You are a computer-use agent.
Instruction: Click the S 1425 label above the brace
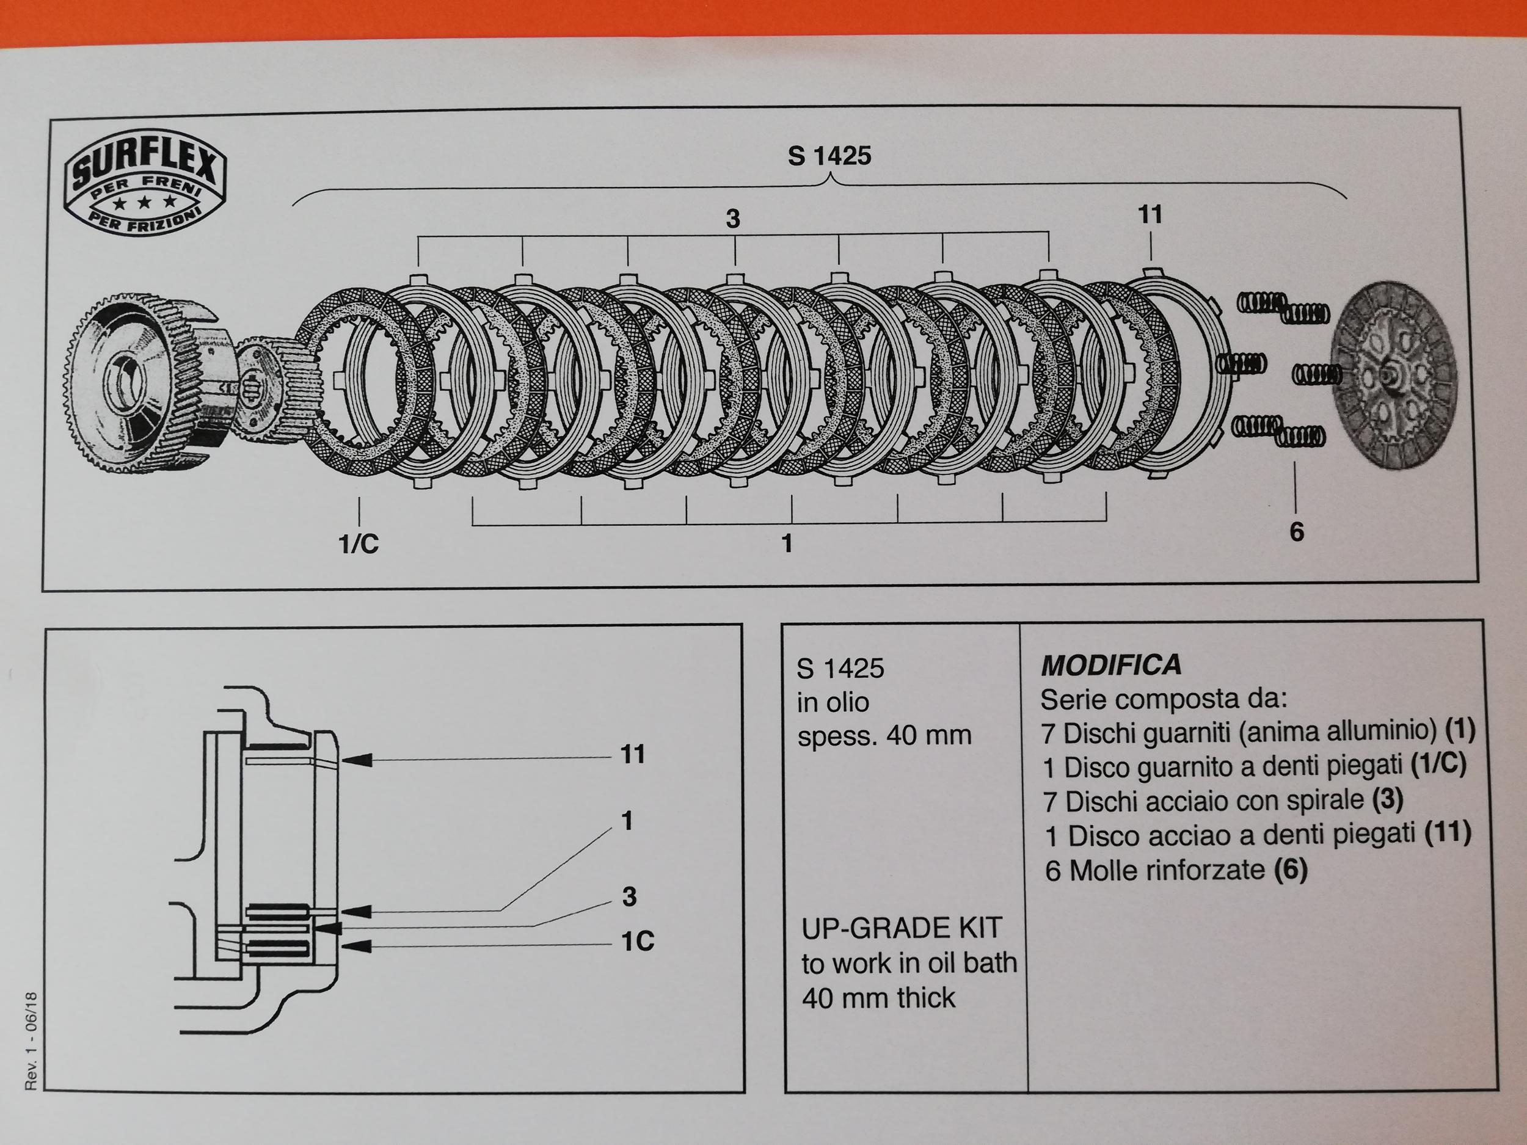(x=829, y=156)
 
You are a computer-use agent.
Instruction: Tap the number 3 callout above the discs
(x=732, y=219)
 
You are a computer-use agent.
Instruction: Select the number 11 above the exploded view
(x=1150, y=214)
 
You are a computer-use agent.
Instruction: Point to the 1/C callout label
(x=359, y=544)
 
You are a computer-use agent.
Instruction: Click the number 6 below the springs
(x=1297, y=531)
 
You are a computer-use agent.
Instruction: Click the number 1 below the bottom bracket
(x=786, y=544)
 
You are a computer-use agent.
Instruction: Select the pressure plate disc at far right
(x=1391, y=376)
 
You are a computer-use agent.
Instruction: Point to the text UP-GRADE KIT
(x=901, y=928)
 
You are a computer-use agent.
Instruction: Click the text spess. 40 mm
(x=884, y=736)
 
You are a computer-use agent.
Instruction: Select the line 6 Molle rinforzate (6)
(x=1176, y=870)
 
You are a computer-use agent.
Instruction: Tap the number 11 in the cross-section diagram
(x=632, y=754)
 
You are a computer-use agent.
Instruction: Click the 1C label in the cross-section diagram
(x=636, y=942)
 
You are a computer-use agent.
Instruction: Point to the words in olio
(x=833, y=703)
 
